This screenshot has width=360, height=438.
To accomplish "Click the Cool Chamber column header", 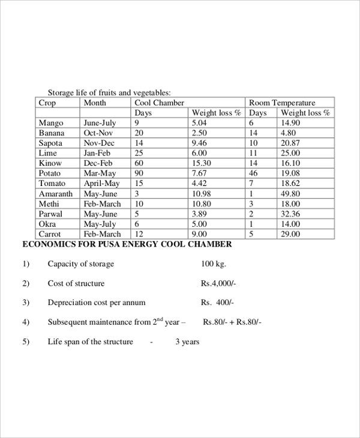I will [x=159, y=103].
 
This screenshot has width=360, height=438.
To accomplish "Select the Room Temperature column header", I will [x=281, y=103].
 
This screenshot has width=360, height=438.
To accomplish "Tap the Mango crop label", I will [x=50, y=123].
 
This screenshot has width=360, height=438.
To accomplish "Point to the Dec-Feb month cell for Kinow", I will [x=98, y=163].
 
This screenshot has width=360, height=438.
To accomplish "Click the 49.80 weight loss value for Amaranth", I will [x=290, y=194].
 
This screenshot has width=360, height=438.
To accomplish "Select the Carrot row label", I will [x=50, y=234].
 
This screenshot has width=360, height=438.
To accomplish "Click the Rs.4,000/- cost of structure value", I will [x=219, y=283].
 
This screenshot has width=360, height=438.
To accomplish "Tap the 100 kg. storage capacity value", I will [x=214, y=264].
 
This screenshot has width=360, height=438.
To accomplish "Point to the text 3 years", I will [x=187, y=342].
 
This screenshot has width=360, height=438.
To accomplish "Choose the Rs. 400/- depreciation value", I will [x=218, y=302].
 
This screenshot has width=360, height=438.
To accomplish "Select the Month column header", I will [x=95, y=103].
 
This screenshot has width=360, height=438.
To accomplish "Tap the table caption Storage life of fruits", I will [x=109, y=92].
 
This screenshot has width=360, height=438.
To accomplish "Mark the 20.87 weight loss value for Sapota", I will [x=290, y=143].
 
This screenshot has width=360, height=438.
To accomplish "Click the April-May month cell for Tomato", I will [x=101, y=184].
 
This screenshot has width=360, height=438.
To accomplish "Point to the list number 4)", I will [x=26, y=322].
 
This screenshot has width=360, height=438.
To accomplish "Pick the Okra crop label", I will [x=47, y=224].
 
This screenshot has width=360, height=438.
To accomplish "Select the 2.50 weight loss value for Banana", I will [x=199, y=133].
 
